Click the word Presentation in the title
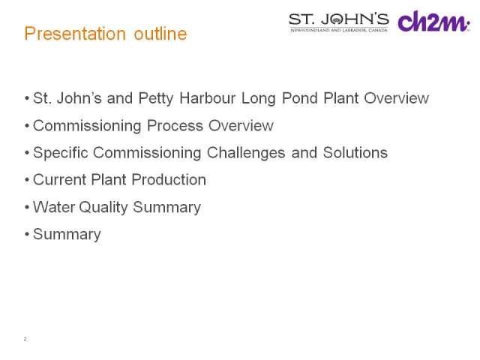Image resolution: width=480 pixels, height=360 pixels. (x=75, y=33)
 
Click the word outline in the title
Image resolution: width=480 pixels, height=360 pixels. (x=160, y=33)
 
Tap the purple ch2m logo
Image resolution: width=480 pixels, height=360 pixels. (x=433, y=21)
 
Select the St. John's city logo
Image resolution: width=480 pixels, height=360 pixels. (x=339, y=22)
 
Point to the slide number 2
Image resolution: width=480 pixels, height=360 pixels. (x=25, y=338)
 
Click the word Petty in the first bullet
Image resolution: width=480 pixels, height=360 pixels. (x=156, y=98)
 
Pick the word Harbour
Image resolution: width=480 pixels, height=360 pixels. (x=207, y=98)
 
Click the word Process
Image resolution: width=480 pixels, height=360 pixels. (x=175, y=125)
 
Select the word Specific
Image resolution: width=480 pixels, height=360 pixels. (x=61, y=153)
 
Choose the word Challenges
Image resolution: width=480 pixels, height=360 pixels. (x=246, y=153)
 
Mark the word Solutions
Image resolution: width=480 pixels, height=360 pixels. (x=355, y=152)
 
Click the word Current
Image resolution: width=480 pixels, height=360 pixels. (x=59, y=180)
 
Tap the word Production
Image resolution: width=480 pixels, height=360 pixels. (x=169, y=180)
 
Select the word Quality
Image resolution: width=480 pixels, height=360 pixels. (x=103, y=207)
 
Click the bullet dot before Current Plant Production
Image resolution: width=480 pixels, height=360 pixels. (x=27, y=180)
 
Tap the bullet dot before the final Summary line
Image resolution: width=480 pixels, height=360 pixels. (x=27, y=235)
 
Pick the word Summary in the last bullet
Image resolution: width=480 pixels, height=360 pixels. (x=67, y=235)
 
